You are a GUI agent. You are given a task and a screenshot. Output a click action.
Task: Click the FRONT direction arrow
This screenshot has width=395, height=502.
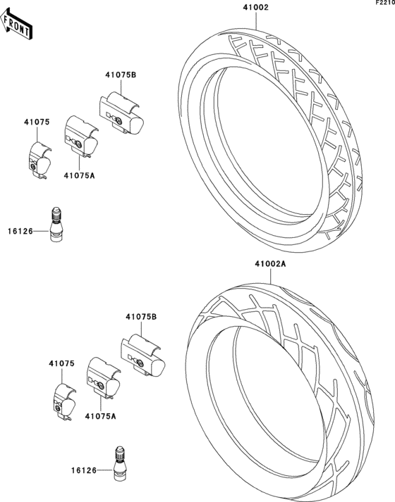(x=16, y=25)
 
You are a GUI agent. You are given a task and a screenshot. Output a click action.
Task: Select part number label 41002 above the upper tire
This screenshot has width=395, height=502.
(x=255, y=7)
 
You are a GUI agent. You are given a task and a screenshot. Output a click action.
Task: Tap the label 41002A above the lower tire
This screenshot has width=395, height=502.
(x=270, y=264)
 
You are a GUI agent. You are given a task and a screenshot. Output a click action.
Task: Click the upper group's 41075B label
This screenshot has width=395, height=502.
(x=121, y=75)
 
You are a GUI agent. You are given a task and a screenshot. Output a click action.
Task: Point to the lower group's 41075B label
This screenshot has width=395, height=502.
(x=141, y=317)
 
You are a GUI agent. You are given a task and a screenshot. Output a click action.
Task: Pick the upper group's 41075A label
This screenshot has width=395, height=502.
(x=79, y=175)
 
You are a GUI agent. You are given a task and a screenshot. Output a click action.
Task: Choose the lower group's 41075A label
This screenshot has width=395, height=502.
(x=101, y=416)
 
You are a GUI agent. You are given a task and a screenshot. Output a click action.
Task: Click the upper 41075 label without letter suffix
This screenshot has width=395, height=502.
(x=37, y=122)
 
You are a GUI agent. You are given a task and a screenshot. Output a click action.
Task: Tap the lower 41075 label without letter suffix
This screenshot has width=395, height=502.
(x=61, y=364)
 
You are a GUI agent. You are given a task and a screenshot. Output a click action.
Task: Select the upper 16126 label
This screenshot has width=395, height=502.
(x=20, y=231)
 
